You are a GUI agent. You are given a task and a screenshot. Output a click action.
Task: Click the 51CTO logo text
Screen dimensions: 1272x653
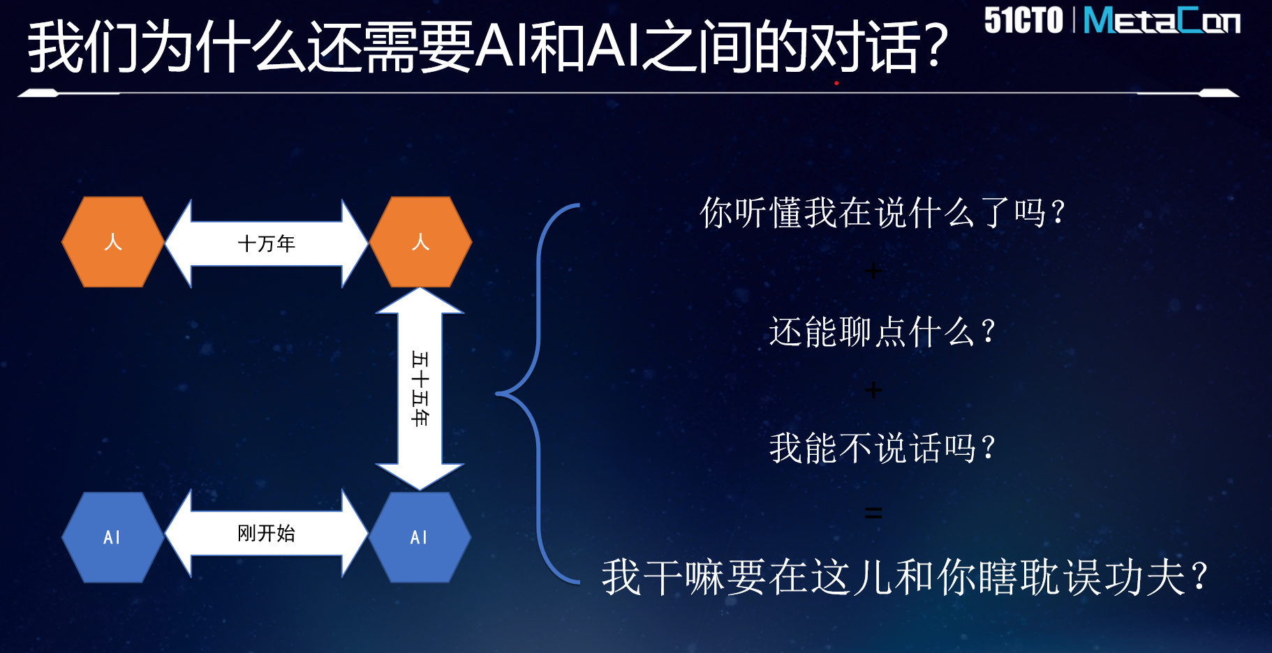pyautogui.click(x=1023, y=20)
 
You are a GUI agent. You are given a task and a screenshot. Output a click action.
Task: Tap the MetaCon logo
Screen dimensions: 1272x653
pyautogui.click(x=1162, y=20)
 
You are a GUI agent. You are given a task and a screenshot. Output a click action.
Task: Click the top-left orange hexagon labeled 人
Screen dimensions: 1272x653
pyautogui.click(x=113, y=242)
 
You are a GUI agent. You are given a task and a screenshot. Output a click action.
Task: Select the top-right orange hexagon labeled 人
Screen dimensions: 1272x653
pyautogui.click(x=420, y=242)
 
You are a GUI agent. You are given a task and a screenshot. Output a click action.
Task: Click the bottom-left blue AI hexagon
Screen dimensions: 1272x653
pyautogui.click(x=113, y=537)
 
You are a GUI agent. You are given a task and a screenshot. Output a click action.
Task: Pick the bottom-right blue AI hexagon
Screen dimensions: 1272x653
pyautogui.click(x=420, y=537)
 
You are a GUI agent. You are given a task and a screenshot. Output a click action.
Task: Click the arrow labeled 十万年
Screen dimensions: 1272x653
pyautogui.click(x=267, y=243)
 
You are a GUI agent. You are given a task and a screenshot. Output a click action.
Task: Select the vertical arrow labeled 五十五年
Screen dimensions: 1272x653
pyautogui.click(x=420, y=389)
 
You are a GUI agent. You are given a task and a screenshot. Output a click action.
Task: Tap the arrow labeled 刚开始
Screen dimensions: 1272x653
pyautogui.click(x=267, y=534)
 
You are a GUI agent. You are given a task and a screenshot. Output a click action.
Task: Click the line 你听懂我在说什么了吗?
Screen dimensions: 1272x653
pyautogui.click(x=882, y=212)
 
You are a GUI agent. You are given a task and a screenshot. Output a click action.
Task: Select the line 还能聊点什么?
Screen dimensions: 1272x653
pyautogui.click(x=882, y=331)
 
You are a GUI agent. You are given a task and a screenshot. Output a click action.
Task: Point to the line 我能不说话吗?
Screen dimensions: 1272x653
pyautogui.click(x=882, y=447)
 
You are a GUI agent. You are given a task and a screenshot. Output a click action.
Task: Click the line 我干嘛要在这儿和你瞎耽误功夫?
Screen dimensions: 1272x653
pyautogui.click(x=905, y=577)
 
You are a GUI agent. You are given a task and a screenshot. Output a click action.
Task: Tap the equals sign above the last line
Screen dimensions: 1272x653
pyautogui.click(x=873, y=513)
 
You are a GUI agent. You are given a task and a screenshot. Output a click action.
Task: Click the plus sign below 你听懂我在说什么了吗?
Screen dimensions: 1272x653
pyautogui.click(x=873, y=271)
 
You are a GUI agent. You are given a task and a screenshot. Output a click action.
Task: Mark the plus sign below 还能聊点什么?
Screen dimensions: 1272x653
pyautogui.click(x=873, y=390)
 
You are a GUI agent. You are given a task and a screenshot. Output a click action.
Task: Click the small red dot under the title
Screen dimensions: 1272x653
pyautogui.click(x=836, y=83)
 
